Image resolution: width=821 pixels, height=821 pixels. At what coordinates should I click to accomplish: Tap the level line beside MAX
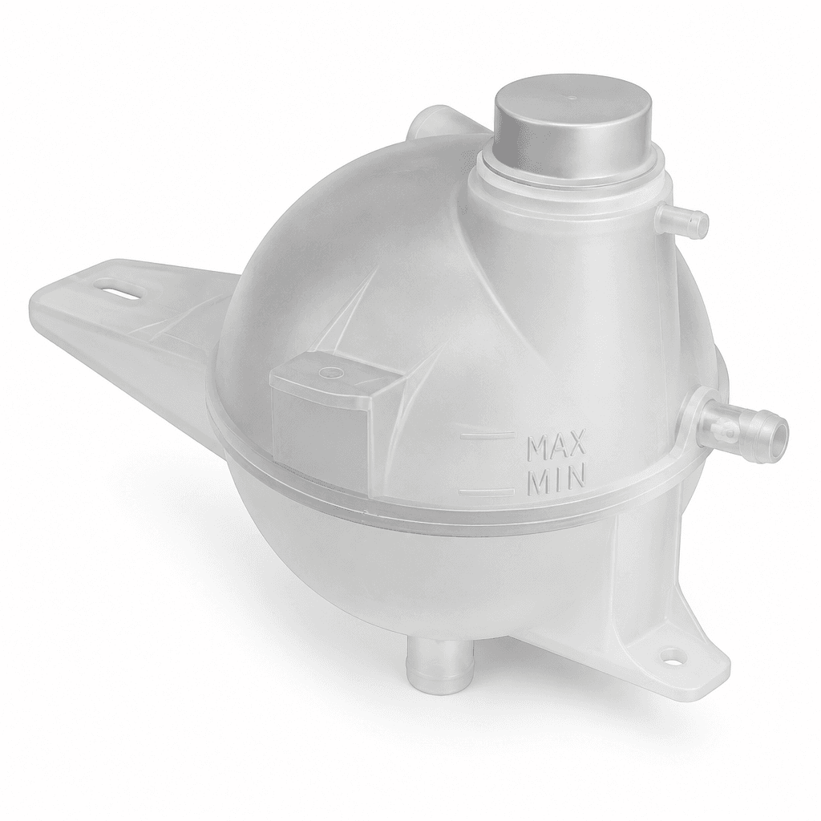487,434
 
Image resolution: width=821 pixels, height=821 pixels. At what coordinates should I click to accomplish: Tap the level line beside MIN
487,491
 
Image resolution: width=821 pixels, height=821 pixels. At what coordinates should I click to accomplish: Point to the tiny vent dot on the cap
572,97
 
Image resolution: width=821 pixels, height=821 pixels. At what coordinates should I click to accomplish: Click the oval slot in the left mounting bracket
119,291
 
